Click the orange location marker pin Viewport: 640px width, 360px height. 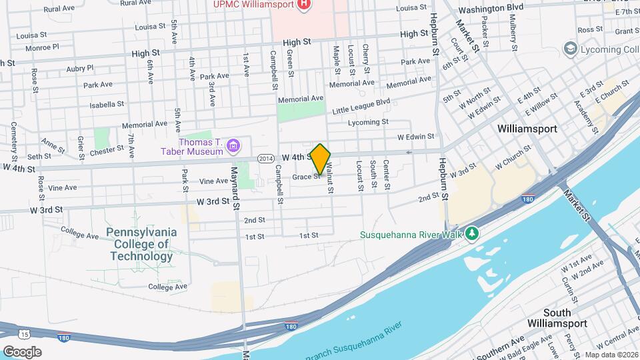[320, 159]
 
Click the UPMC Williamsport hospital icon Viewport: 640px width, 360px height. [305, 5]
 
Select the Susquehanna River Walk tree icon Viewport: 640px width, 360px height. [472, 233]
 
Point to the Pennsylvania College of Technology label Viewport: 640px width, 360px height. [141, 244]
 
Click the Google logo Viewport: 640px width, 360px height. [22, 351]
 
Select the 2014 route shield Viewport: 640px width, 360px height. [265, 158]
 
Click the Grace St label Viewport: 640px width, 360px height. [307, 177]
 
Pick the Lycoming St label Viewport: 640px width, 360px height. [368, 122]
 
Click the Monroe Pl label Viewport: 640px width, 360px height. [42, 47]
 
